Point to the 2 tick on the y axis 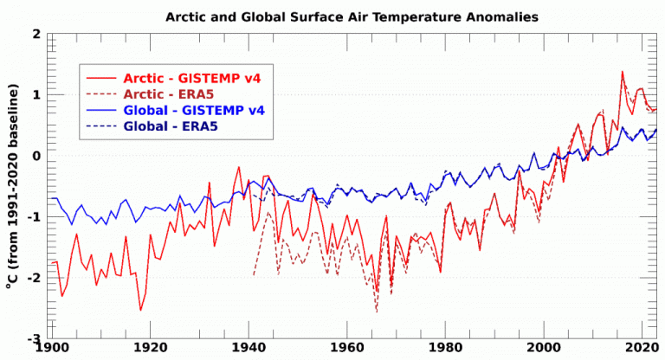(x=37, y=34)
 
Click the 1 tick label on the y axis (x=37, y=94)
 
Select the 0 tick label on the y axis (x=37, y=156)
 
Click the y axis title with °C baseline (x=13, y=186)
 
